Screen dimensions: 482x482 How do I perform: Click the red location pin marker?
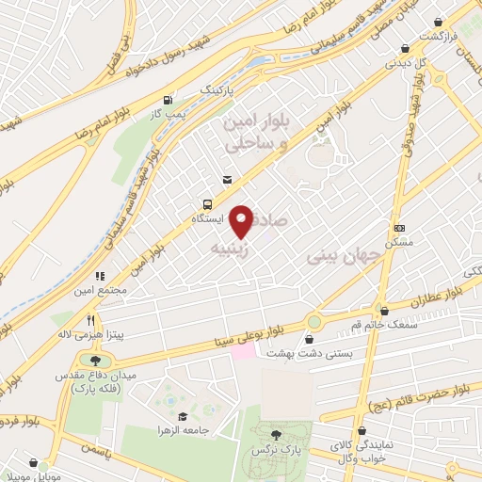tap(241, 222)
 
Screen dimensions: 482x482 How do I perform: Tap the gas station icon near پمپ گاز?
tap(169, 100)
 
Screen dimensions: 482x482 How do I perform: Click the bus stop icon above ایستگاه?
tap(206, 203)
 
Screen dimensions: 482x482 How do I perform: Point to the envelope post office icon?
tap(226, 180)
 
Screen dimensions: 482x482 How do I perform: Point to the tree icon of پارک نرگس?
tap(276, 434)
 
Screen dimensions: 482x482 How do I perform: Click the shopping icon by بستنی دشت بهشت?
tap(310, 339)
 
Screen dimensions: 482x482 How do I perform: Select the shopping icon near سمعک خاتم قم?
tap(383, 310)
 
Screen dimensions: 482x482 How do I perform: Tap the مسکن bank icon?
tap(399, 228)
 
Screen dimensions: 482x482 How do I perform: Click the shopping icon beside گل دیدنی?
tap(405, 49)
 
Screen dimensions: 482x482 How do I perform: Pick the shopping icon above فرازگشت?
tap(438, 21)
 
